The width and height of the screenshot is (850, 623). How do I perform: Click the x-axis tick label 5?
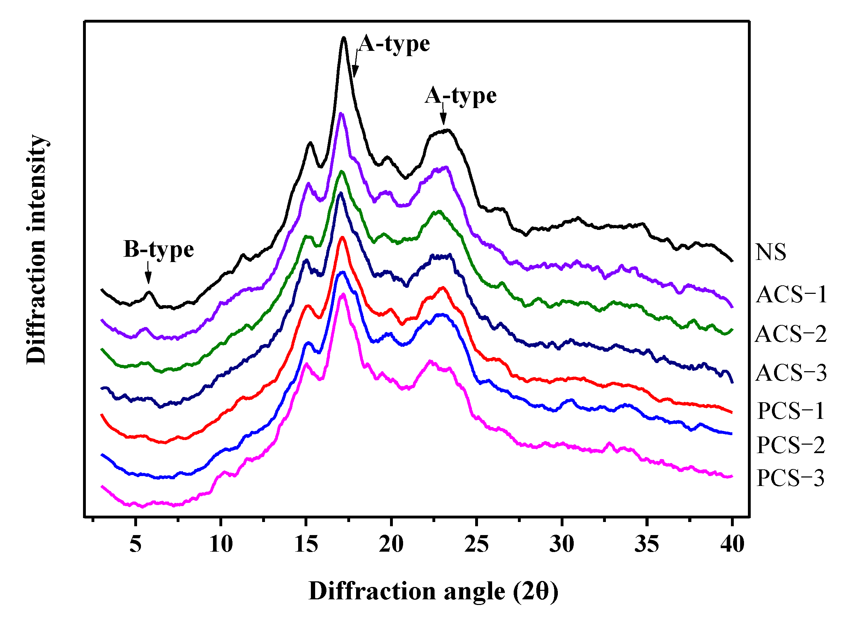pyautogui.click(x=135, y=544)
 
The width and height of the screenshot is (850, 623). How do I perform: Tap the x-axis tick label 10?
pyautogui.click(x=221, y=544)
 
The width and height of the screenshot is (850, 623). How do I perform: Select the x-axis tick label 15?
pyautogui.click(x=306, y=544)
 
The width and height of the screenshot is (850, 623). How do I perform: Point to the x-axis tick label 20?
pyautogui.click(x=391, y=544)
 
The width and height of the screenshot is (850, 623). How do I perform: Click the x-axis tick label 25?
pyautogui.click(x=477, y=544)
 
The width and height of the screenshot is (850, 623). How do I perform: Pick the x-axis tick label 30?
pyautogui.click(x=562, y=544)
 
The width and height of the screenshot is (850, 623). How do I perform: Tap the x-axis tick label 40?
pyautogui.click(x=732, y=544)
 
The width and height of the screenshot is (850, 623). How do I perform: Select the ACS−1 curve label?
pyautogui.click(x=791, y=295)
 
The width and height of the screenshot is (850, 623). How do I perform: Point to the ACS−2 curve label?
pyautogui.click(x=791, y=334)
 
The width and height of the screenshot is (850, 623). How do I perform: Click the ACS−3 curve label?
pyautogui.click(x=791, y=373)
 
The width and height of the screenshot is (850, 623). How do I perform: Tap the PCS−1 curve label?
pyautogui.click(x=791, y=411)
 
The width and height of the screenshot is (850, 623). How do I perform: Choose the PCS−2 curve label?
pyautogui.click(x=791, y=445)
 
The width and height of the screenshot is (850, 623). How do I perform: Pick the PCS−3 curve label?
pyautogui.click(x=791, y=478)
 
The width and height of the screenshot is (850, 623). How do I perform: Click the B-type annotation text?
pyautogui.click(x=159, y=250)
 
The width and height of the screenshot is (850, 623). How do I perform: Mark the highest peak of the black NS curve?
pyautogui.click(x=343, y=38)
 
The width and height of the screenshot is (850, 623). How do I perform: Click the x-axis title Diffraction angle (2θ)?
pyautogui.click(x=433, y=591)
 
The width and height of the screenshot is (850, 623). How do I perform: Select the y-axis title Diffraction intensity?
pyautogui.click(x=36, y=249)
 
